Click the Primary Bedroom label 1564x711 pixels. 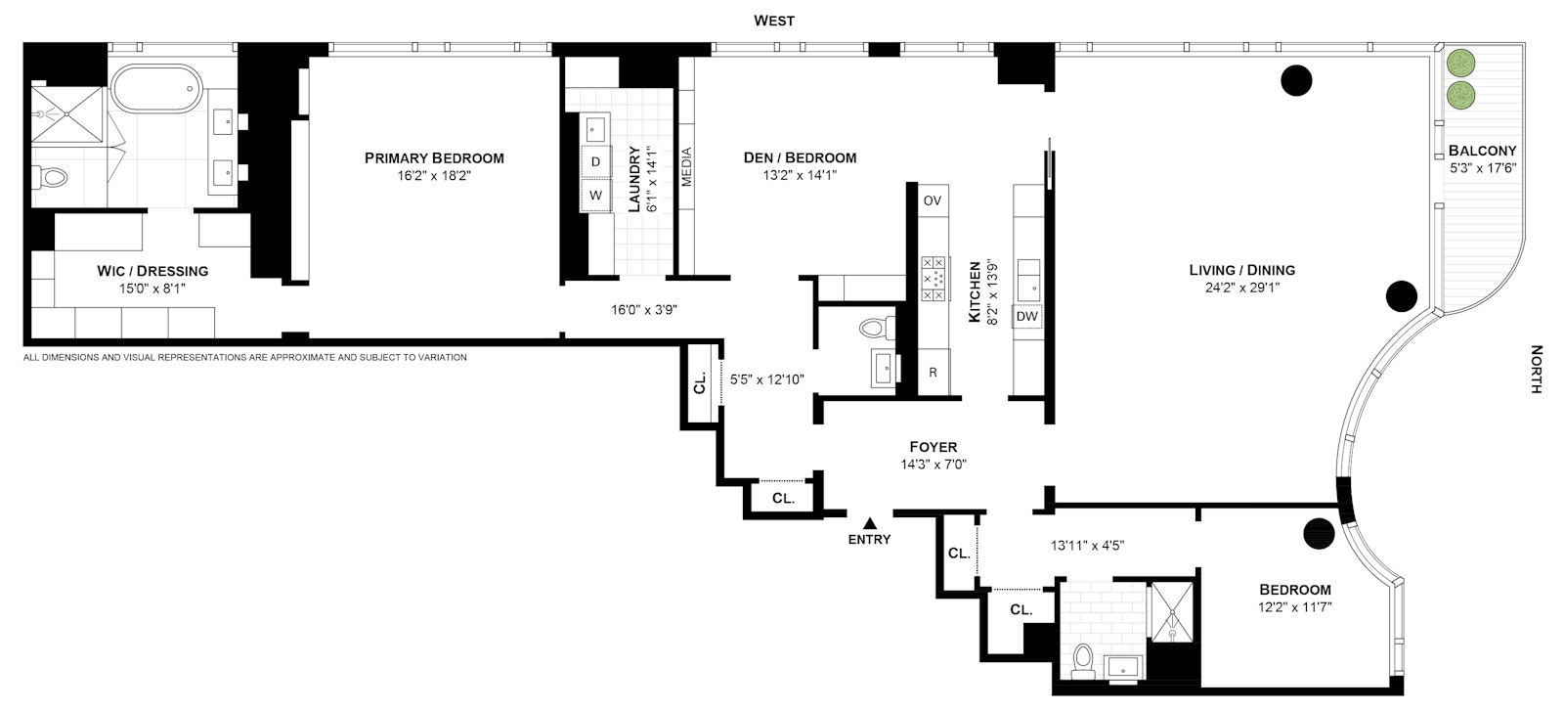[x=434, y=158]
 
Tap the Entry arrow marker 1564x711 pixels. [x=869, y=523]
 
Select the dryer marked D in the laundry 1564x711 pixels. [x=595, y=162]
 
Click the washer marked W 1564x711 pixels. [x=595, y=196]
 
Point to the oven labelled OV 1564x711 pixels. [x=933, y=200]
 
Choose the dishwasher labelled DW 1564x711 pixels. [x=1027, y=317]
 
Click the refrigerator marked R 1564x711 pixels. [x=933, y=373]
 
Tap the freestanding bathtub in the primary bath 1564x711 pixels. [x=155, y=89]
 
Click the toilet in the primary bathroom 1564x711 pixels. [x=50, y=177]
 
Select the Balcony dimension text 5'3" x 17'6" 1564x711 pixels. [x=1483, y=168]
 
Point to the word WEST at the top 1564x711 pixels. [x=773, y=21]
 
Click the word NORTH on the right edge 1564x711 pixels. [x=1536, y=369]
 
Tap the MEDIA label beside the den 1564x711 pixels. [x=686, y=167]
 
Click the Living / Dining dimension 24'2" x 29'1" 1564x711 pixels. [x=1242, y=288]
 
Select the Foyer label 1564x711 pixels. [x=933, y=447]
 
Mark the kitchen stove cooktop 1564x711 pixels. [x=933, y=279]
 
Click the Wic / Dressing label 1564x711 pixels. [x=152, y=271]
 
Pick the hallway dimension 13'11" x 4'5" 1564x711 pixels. [x=1087, y=546]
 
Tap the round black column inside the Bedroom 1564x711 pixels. [x=1319, y=534]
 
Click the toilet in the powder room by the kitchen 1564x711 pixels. [x=877, y=328]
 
